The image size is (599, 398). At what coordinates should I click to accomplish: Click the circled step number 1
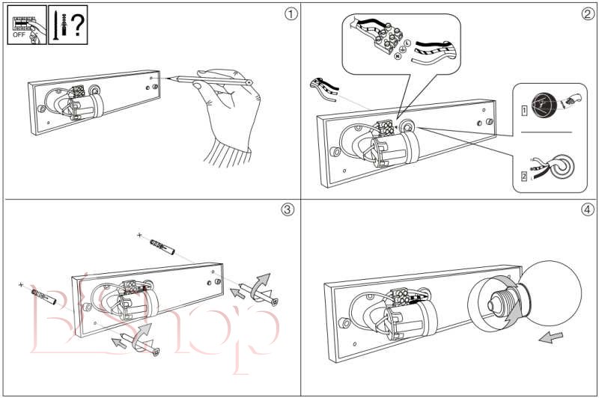(x=291, y=14)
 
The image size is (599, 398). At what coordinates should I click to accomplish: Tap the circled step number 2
(x=587, y=14)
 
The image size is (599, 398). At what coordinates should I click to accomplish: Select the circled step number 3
(x=288, y=209)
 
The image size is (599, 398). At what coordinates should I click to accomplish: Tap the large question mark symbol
(x=78, y=25)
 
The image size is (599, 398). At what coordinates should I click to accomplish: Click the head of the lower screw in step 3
(x=158, y=351)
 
